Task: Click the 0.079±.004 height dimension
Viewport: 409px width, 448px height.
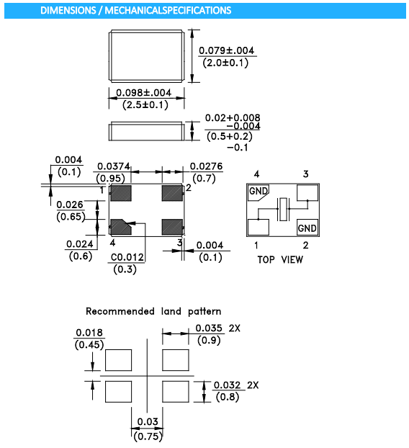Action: [226, 51]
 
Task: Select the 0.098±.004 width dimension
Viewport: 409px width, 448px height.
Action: [144, 93]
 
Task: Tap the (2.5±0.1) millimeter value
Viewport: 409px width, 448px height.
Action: [145, 105]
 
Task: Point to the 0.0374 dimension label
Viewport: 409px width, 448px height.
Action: [113, 166]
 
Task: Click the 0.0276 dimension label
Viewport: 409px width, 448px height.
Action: [206, 166]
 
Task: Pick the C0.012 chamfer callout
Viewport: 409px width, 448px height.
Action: [127, 257]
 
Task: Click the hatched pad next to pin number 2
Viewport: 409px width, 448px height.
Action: [172, 193]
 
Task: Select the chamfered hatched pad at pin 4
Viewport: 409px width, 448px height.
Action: [121, 227]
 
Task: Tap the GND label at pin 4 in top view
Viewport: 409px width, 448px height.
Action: [259, 191]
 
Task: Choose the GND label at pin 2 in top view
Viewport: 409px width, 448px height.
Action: [307, 228]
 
